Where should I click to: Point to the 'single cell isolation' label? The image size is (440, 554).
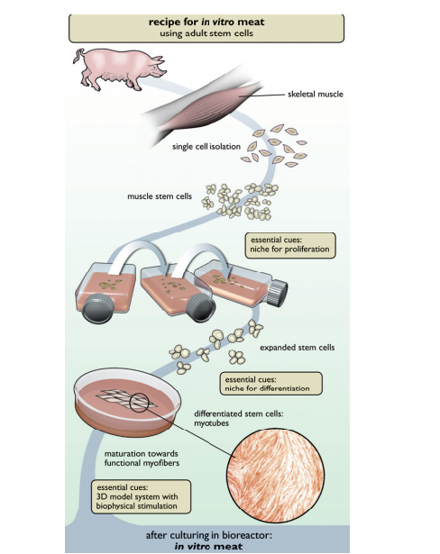click(206, 148)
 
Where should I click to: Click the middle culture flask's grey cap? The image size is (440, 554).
click(193, 307)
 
